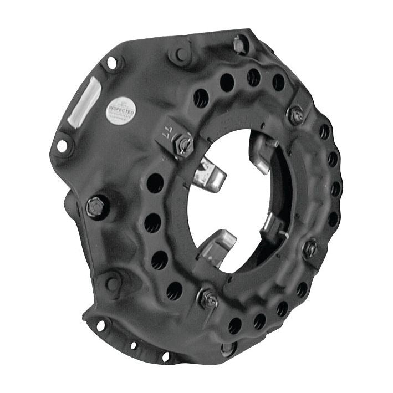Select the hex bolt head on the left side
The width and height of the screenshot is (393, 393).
point(95,206)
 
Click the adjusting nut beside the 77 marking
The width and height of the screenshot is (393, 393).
point(184,145)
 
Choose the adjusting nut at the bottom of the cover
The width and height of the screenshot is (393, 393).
point(208,299)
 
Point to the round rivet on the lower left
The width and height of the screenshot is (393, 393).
point(113,283)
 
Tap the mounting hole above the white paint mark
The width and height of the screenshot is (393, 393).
point(111,63)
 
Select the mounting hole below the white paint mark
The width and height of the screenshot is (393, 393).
point(62,145)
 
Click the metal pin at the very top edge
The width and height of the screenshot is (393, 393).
point(239,43)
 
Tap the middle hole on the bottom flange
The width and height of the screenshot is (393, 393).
point(133,345)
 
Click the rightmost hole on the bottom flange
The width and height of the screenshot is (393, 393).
point(165,356)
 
